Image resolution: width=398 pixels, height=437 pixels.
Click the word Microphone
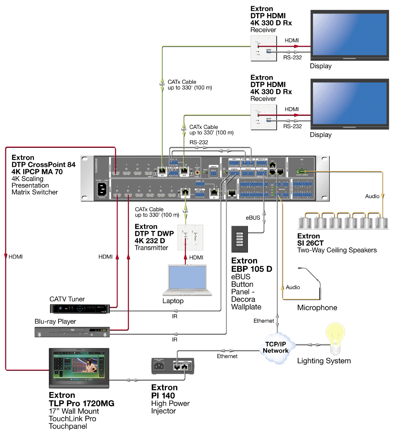point(317,308)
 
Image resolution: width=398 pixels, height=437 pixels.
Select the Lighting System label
point(324,361)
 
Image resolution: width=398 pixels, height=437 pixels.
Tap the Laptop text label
point(173,301)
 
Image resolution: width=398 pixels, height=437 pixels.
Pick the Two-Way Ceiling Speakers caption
point(337,250)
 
